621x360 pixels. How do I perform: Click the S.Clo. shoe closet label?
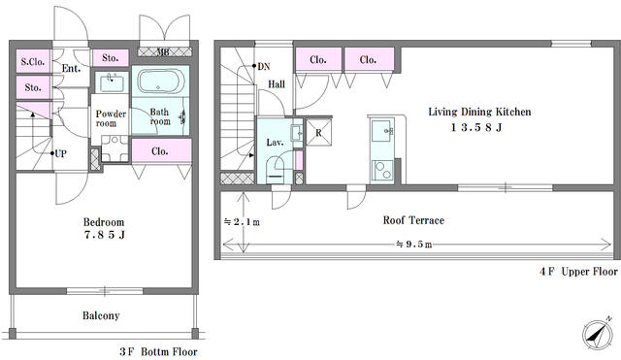[33, 62]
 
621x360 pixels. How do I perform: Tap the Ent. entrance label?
[71, 69]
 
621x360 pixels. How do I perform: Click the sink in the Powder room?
[112, 82]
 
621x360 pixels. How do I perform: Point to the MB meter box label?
[163, 51]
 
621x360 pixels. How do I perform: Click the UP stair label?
[60, 153]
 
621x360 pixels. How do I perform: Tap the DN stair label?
[264, 67]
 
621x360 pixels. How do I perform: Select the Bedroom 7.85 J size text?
[105, 235]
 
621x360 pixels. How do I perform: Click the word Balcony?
[101, 315]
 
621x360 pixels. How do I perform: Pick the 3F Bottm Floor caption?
[158, 351]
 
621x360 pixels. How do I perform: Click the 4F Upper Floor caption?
[578, 272]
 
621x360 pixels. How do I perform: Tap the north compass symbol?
[598, 335]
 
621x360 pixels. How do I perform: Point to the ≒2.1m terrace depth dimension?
[242, 222]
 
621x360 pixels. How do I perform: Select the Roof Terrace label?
[413, 220]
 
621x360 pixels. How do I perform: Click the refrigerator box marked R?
[319, 132]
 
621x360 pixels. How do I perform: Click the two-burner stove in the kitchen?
[382, 171]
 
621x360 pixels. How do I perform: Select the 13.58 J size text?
[476, 127]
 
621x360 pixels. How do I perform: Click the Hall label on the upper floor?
[277, 84]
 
